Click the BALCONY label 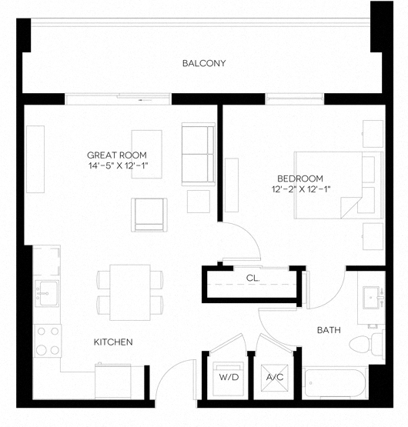click(x=204, y=63)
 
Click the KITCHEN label click(x=114, y=342)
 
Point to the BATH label click(x=329, y=330)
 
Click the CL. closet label click(x=252, y=278)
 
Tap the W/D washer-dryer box click(x=229, y=378)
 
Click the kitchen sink click(x=45, y=292)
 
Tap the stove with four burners click(x=48, y=340)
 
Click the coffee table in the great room click(x=147, y=154)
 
